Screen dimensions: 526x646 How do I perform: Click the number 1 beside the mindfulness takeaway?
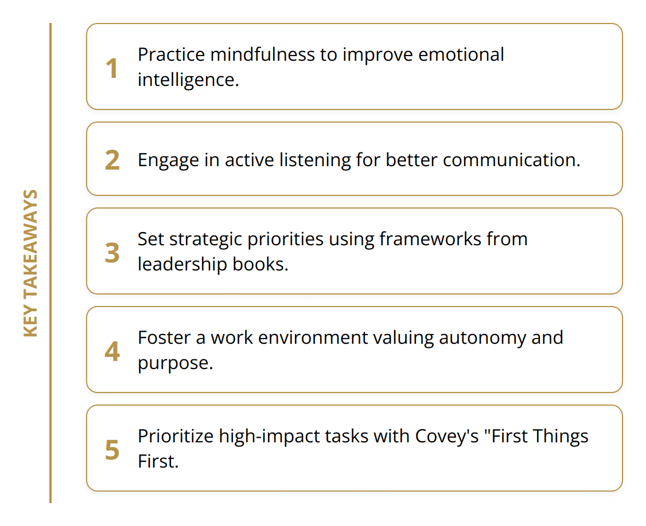112,69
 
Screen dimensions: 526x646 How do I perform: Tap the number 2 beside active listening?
112,160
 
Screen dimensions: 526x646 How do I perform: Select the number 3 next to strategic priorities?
112,253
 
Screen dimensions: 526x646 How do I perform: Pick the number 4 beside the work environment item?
112,351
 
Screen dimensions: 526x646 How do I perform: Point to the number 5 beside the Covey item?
112,450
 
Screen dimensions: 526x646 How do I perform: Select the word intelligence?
188,80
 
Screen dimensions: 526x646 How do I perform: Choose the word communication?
511,160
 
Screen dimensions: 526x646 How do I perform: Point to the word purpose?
174,363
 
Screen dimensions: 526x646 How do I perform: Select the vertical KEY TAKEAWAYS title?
30,263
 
